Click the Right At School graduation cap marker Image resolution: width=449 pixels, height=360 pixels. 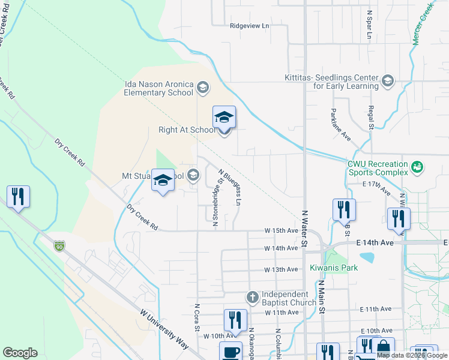click(224, 118)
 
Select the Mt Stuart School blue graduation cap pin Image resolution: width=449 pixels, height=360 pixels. click(163, 181)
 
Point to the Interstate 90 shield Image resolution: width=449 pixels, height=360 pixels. click(58, 246)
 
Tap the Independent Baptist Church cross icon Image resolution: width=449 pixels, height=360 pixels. click(253, 297)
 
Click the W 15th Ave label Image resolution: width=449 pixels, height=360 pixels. click(282, 230)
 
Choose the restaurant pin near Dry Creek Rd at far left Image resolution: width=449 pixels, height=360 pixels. click(18, 196)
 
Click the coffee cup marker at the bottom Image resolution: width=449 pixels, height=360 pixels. click(231, 352)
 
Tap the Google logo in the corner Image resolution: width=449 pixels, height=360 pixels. click(20, 353)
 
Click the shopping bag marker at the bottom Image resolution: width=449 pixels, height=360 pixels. click(382, 348)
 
